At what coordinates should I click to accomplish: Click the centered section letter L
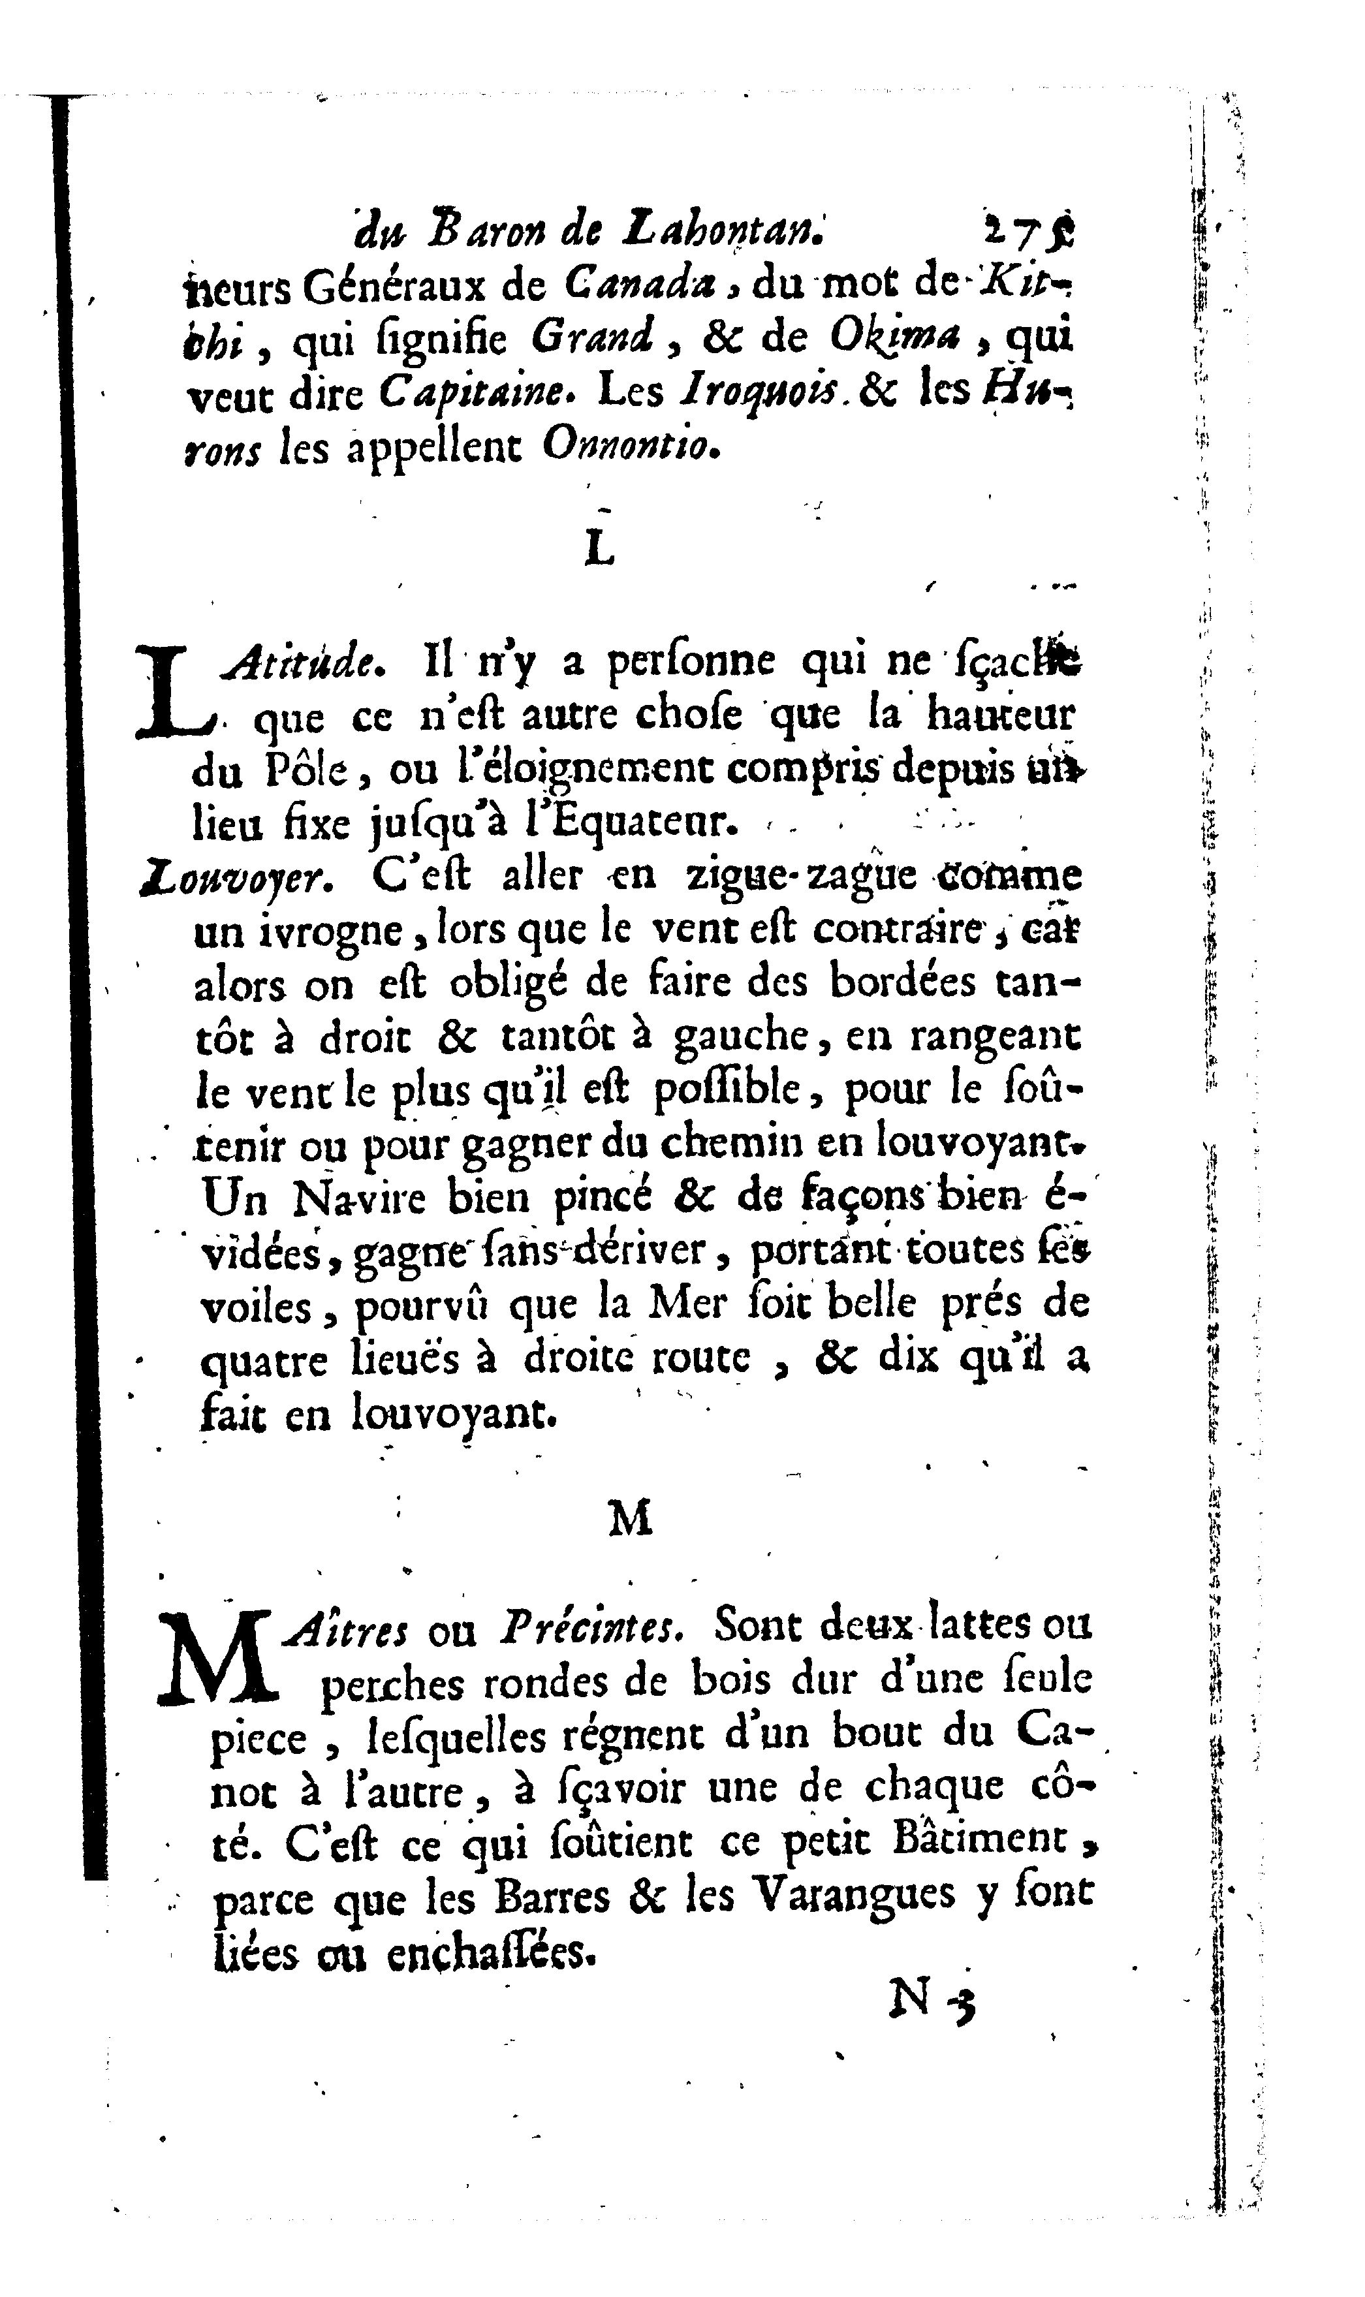[x=599, y=549]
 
